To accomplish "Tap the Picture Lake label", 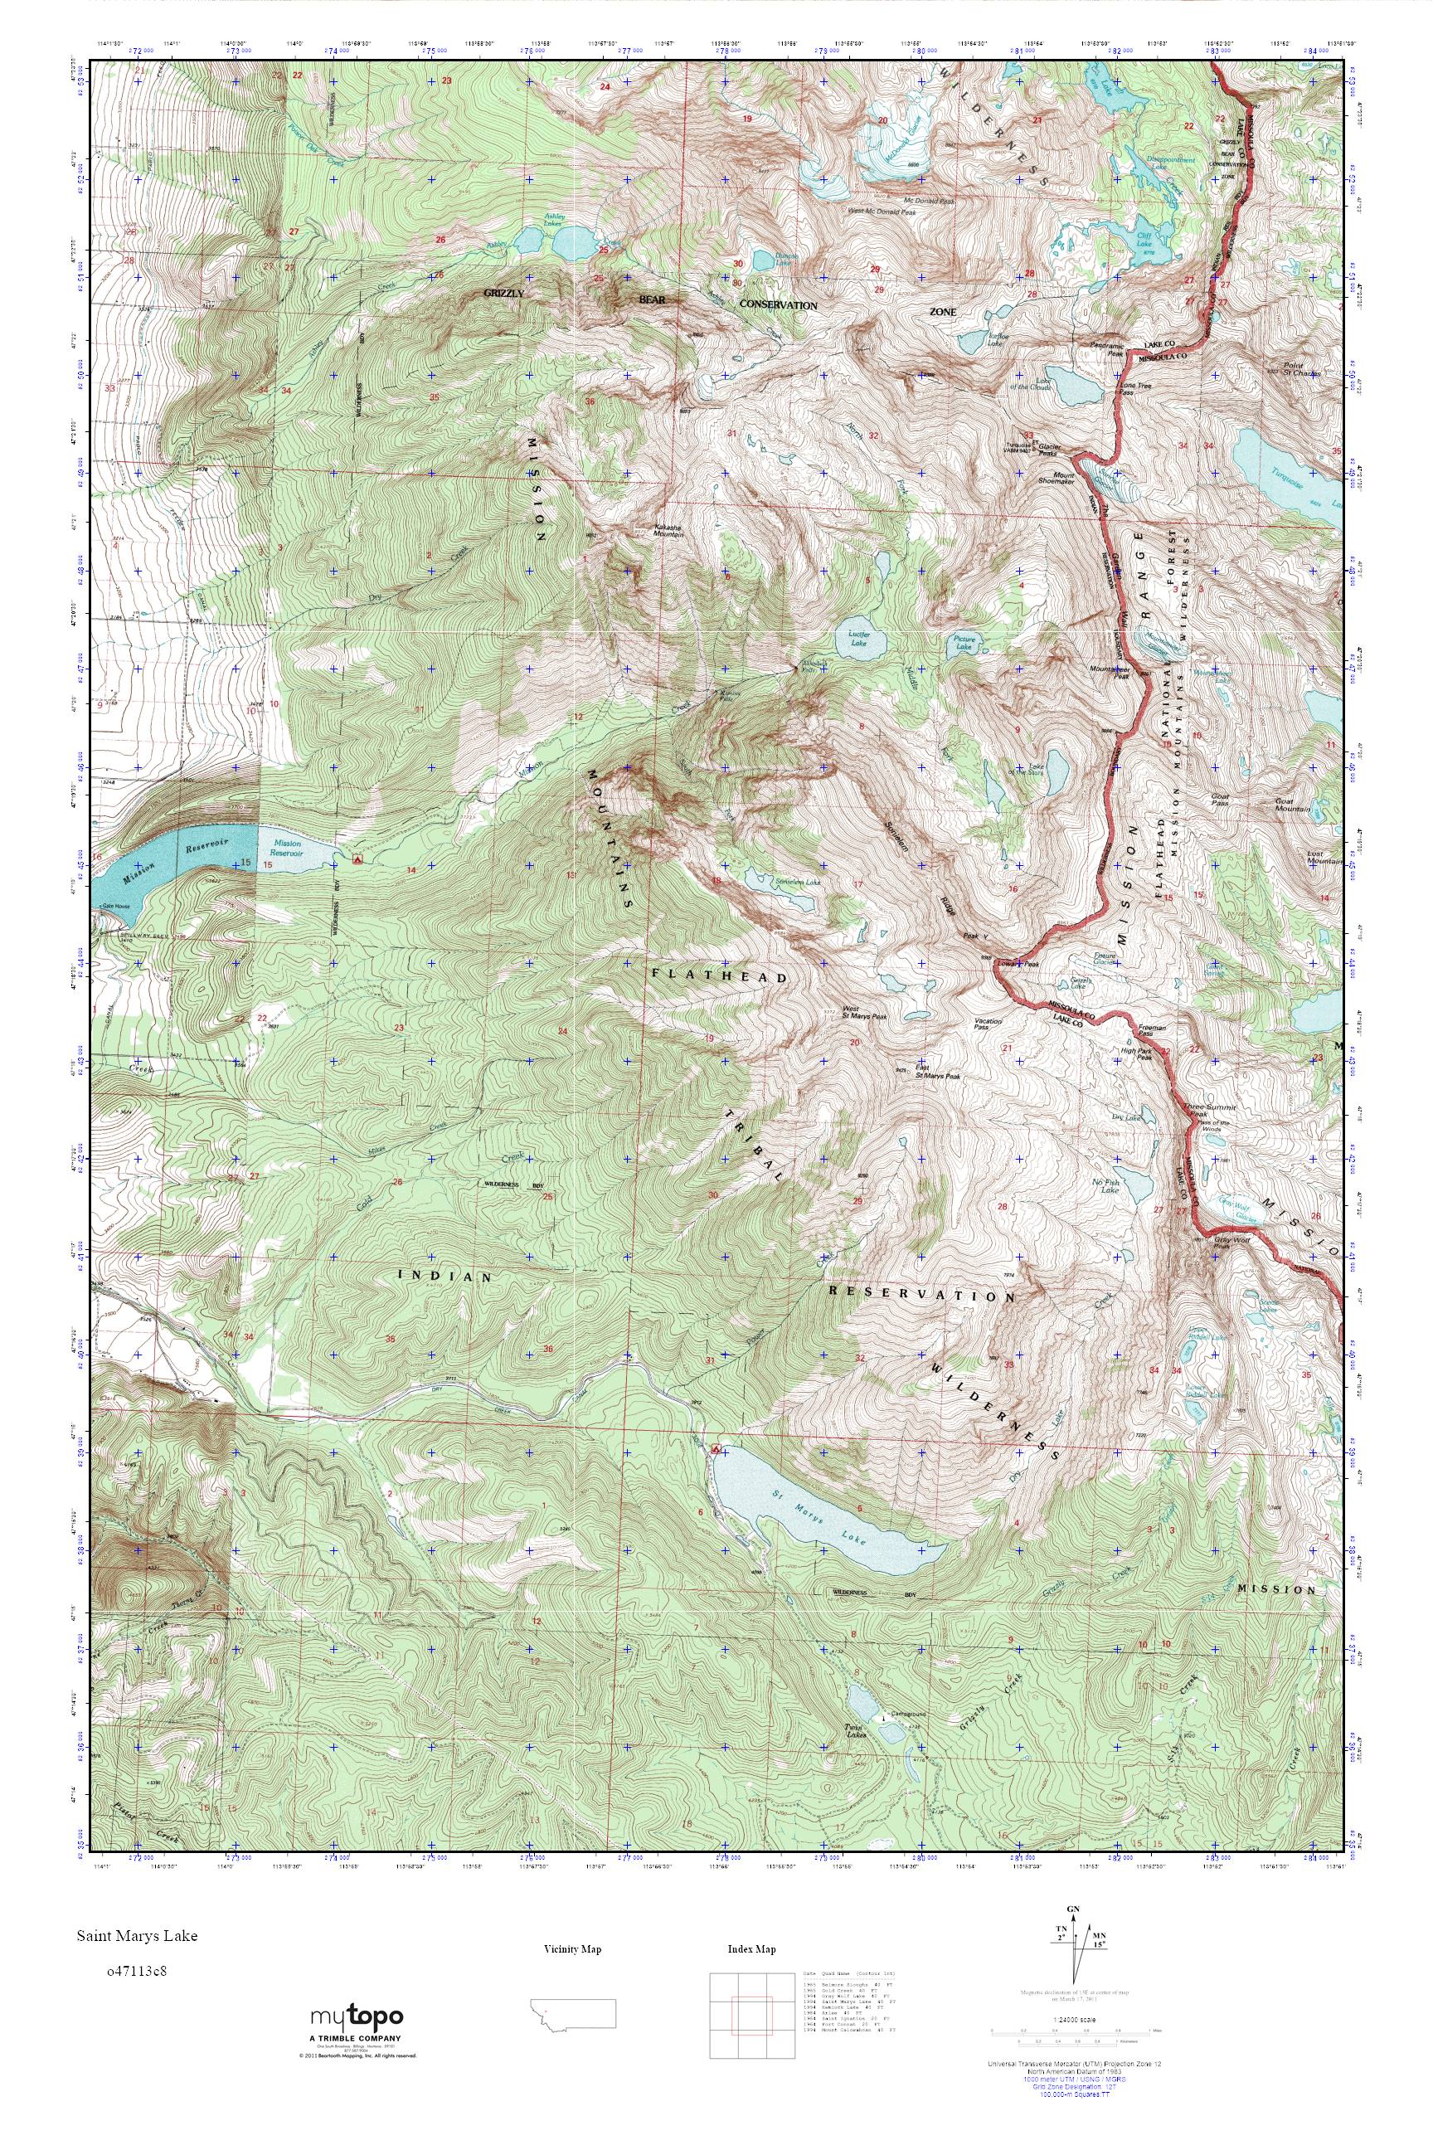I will coord(965,643).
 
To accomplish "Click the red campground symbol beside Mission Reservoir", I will coord(357,859).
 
